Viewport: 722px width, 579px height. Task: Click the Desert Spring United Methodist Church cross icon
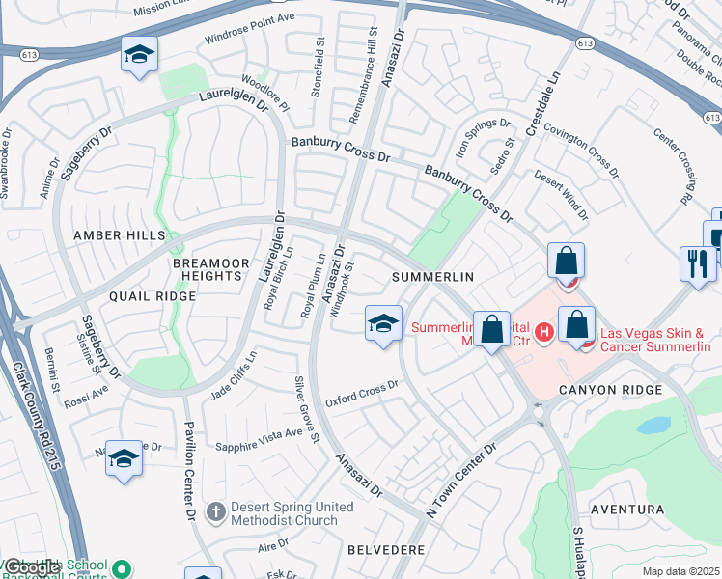(217, 510)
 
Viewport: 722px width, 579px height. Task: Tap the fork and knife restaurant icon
(697, 262)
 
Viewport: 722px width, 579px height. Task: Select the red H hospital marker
(543, 333)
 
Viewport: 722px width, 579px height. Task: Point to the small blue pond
(653, 425)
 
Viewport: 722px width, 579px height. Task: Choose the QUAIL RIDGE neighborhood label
(153, 296)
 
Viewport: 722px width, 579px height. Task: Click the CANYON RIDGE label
(611, 390)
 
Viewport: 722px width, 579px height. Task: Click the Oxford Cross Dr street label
(362, 393)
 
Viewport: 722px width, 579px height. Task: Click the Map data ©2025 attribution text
(680, 571)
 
